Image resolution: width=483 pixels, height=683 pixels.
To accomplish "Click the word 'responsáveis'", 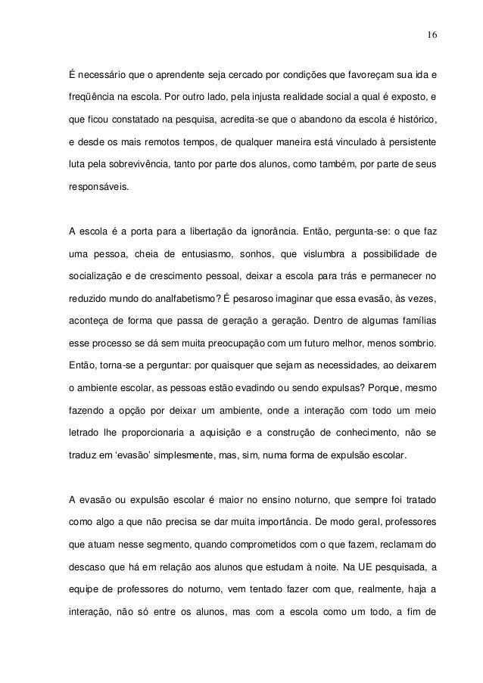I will tap(98, 184).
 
